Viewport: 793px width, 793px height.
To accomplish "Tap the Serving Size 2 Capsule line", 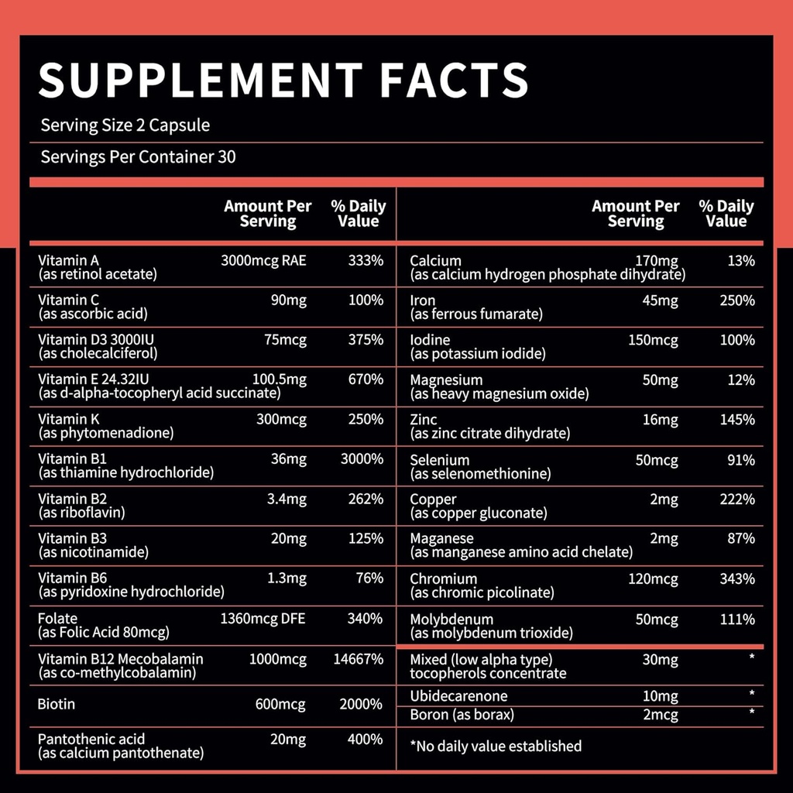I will pyautogui.click(x=125, y=125).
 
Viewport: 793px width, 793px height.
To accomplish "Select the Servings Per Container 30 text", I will pyautogui.click(x=138, y=157).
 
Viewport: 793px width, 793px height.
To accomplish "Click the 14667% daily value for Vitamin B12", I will pyautogui.click(x=358, y=659).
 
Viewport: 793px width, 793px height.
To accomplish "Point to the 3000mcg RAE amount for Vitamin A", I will pyautogui.click(x=263, y=260).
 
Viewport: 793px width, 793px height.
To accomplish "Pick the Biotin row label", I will pyautogui.click(x=57, y=705).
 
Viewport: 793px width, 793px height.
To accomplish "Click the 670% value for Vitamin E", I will pyautogui.click(x=366, y=379).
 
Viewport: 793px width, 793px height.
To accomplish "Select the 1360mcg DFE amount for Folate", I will pyautogui.click(x=263, y=619).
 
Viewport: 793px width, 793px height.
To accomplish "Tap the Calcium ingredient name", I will pyautogui.click(x=435, y=261).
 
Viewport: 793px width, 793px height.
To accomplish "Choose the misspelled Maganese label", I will pyautogui.click(x=441, y=538).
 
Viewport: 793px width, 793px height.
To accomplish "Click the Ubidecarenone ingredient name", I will pyautogui.click(x=458, y=696).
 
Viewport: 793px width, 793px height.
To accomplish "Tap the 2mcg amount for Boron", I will pyautogui.click(x=660, y=715).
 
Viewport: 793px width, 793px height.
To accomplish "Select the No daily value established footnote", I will pyautogui.click(x=496, y=746).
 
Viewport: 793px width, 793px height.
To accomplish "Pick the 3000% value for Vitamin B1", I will pyautogui.click(x=362, y=459).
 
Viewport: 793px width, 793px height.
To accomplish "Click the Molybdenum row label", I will pyautogui.click(x=451, y=620).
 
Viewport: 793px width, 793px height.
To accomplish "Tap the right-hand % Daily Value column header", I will pyautogui.click(x=726, y=214).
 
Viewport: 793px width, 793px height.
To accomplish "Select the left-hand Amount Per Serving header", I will pyautogui.click(x=268, y=214).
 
